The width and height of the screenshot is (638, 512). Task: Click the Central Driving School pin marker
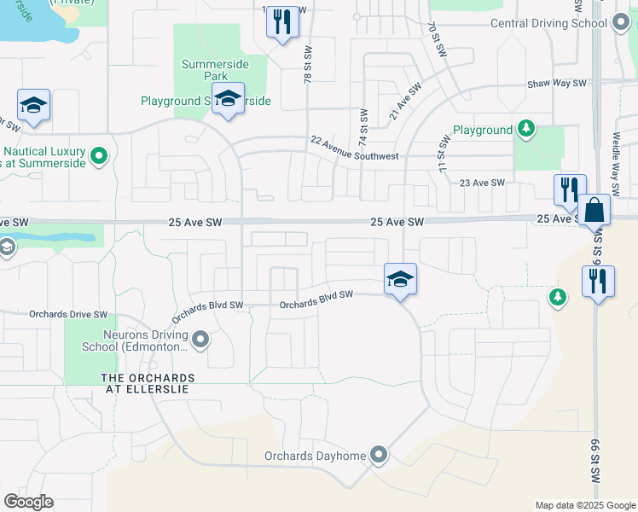coord(621,24)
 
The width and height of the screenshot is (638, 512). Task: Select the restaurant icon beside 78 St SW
coord(283,21)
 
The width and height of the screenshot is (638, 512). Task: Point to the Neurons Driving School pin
coord(201,340)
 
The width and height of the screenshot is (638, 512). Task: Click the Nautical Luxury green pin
coord(99,155)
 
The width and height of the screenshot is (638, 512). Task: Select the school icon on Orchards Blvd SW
coord(400,279)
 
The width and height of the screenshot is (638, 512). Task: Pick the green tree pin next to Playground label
coord(527,130)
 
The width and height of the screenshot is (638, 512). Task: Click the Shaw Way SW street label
coord(557,84)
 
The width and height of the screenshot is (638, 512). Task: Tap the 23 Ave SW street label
coord(482,183)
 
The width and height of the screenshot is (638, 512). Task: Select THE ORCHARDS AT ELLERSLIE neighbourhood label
coord(148,383)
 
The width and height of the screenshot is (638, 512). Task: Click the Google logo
coord(28,502)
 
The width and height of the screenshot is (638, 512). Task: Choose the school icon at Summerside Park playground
coord(228,99)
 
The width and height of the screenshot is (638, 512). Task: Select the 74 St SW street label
coord(363,125)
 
